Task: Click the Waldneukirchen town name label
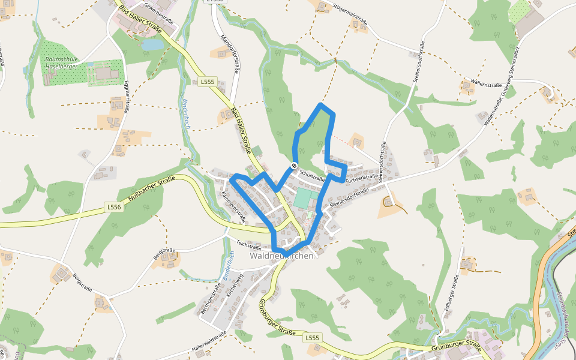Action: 281,256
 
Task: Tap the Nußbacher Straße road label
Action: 149,190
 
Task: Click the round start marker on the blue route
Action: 294,165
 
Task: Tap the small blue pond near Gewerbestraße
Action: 152,44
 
